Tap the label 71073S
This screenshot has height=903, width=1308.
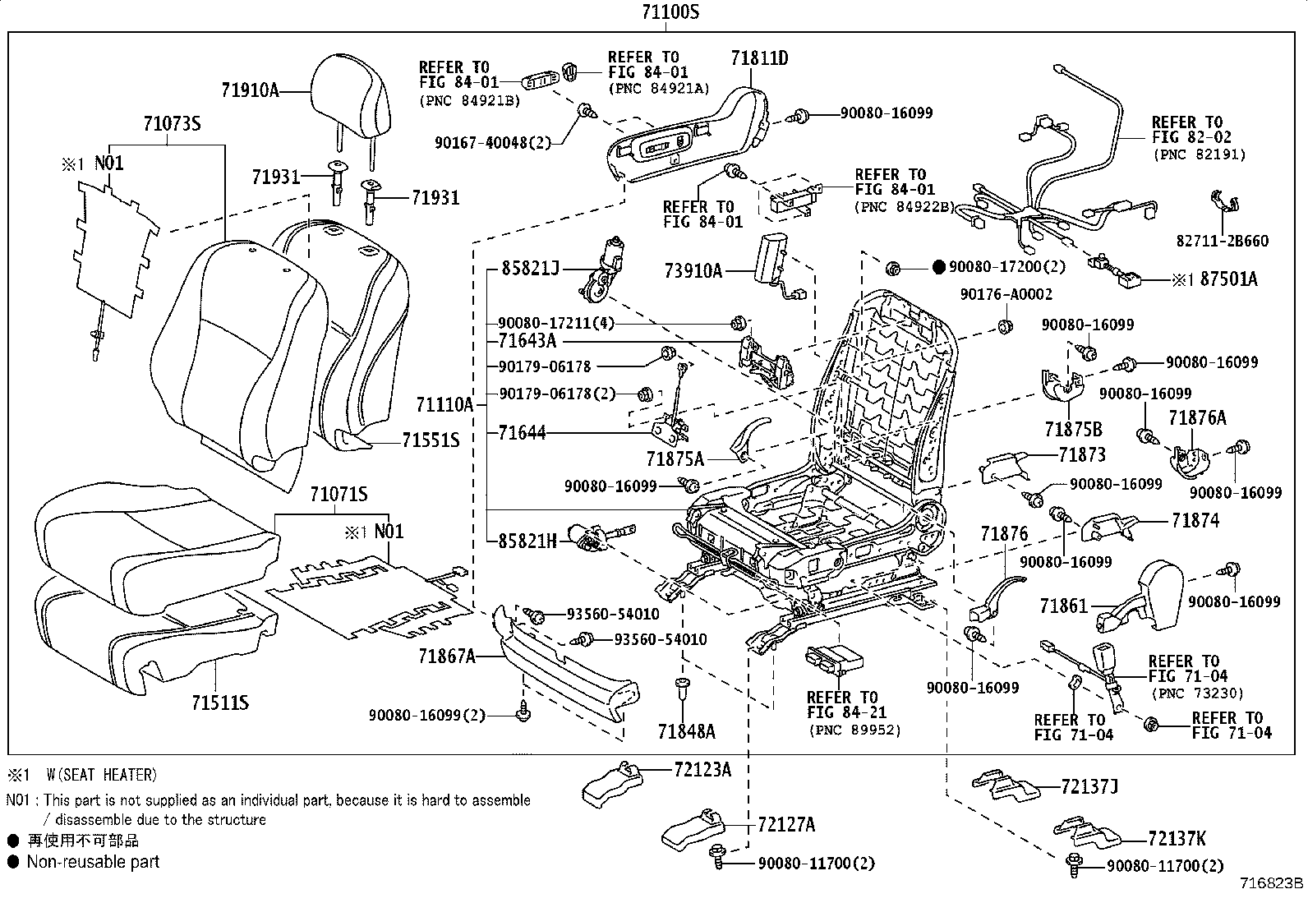pyautogui.click(x=172, y=124)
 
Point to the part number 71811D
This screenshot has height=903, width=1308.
pyautogui.click(x=759, y=58)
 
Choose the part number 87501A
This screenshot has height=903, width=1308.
pyautogui.click(x=1228, y=279)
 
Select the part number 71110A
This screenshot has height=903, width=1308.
pyautogui.click(x=445, y=404)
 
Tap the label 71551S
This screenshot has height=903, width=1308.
pyautogui.click(x=431, y=440)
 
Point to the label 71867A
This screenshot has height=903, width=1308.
pyautogui.click(x=447, y=656)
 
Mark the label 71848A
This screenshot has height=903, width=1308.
pyautogui.click(x=686, y=731)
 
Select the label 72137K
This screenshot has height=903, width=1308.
pyautogui.click(x=1177, y=838)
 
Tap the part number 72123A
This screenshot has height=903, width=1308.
pyautogui.click(x=702, y=769)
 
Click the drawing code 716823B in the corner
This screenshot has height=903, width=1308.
pyautogui.click(x=1272, y=885)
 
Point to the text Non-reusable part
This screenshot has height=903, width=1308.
pyautogui.click(x=93, y=862)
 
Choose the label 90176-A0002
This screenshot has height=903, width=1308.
pyautogui.click(x=1006, y=294)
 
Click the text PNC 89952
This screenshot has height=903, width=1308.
pyautogui.click(x=854, y=730)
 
